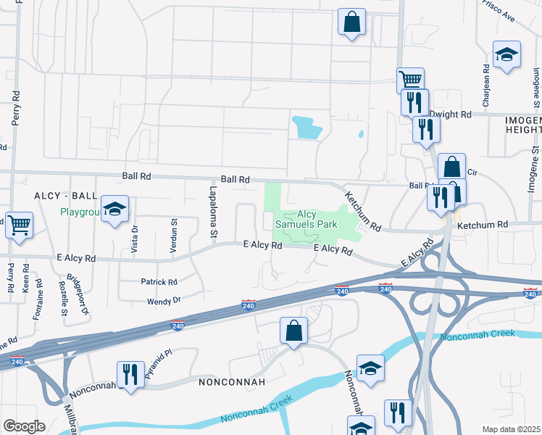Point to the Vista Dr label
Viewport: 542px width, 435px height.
tap(135, 238)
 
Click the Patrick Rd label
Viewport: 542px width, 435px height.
tap(159, 282)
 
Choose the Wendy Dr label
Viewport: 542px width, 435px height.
tap(164, 301)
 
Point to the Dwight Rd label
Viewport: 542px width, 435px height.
tap(450, 115)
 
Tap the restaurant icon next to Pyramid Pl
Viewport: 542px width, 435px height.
tap(130, 375)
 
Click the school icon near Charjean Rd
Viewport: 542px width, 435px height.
tap(506, 54)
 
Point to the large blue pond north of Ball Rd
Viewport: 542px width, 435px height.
tap(306, 128)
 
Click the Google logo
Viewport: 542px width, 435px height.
tap(25, 426)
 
